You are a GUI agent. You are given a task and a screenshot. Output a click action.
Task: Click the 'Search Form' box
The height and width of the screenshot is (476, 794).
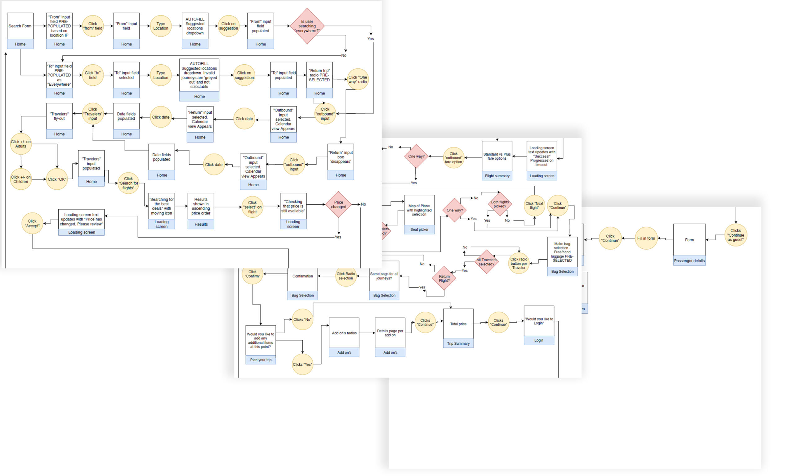tap(20, 26)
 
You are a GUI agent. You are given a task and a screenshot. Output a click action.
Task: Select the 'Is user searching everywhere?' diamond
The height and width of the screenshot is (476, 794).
tap(307, 26)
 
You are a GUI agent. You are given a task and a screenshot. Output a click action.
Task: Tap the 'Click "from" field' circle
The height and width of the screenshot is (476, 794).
tap(92, 26)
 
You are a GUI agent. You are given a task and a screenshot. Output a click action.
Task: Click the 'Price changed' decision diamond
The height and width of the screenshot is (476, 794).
tap(338, 204)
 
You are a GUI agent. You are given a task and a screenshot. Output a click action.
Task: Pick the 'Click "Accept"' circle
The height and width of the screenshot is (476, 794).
tap(32, 223)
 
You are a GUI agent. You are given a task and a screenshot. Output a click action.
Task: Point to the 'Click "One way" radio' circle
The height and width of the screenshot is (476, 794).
tap(357, 79)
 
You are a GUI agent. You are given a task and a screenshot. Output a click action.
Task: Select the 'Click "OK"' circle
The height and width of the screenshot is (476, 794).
tap(57, 179)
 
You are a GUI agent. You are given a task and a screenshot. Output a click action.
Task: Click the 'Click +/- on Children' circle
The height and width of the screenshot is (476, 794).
tap(21, 179)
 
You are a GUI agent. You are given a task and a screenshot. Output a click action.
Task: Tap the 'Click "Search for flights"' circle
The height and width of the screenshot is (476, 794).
tap(128, 183)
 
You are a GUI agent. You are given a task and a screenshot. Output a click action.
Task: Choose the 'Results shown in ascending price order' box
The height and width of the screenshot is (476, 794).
tap(201, 206)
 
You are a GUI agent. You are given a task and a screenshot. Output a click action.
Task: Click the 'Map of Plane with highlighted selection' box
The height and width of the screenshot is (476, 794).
tap(419, 210)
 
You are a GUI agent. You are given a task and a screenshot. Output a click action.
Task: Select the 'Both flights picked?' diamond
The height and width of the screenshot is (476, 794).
tap(500, 204)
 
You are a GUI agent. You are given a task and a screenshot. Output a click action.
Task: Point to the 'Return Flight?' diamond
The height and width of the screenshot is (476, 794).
tap(444, 278)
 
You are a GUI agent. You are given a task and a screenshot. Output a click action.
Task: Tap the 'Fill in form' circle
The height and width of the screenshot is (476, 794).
tap(646, 238)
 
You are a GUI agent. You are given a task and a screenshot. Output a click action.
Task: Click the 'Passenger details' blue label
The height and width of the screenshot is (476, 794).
tap(689, 261)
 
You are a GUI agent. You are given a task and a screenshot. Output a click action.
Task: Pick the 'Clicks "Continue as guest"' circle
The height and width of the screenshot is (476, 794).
tap(735, 235)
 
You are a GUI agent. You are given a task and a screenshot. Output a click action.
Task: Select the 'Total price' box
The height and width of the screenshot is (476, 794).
tap(458, 324)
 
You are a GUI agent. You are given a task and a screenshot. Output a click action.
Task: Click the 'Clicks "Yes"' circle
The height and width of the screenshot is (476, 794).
tap(302, 365)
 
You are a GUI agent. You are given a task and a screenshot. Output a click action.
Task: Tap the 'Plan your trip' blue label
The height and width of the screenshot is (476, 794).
tap(261, 360)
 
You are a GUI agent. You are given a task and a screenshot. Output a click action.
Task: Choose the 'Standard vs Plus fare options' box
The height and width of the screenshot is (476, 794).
tap(497, 156)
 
